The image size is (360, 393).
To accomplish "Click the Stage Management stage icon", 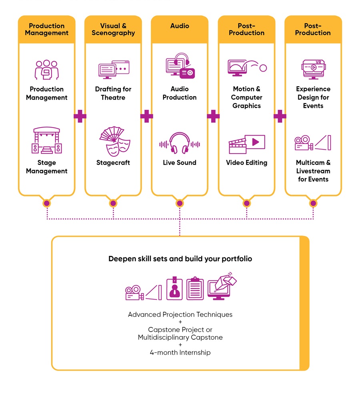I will pyautogui.click(x=47, y=140).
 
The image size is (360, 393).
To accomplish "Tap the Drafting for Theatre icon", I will pyautogui.click(x=114, y=69).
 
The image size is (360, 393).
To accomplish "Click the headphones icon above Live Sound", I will pyautogui.click(x=180, y=143).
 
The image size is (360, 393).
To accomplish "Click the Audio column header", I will pyautogui.click(x=180, y=26).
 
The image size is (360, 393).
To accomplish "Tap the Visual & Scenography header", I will pyautogui.click(x=113, y=29).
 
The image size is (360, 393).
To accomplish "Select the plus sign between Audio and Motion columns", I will pyautogui.click(x=213, y=116).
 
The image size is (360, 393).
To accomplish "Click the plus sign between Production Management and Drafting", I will pyautogui.click(x=80, y=116).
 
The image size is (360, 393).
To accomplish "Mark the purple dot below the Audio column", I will pyautogui.click(x=180, y=203).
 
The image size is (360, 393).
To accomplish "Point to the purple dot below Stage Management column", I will pyautogui.click(x=47, y=203).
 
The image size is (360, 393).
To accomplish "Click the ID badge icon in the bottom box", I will pyautogui.click(x=174, y=288).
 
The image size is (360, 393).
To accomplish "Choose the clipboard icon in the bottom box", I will pyautogui.click(x=195, y=288).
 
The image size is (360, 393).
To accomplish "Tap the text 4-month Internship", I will pyautogui.click(x=180, y=352).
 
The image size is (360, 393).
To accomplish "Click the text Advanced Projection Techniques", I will pyautogui.click(x=180, y=314).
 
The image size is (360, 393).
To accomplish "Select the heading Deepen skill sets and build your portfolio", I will pyautogui.click(x=180, y=259).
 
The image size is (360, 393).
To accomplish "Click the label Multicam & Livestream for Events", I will pyautogui.click(x=313, y=171).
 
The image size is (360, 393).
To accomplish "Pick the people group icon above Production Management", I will pyautogui.click(x=47, y=70).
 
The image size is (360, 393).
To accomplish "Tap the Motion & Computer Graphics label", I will pyautogui.click(x=246, y=97).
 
